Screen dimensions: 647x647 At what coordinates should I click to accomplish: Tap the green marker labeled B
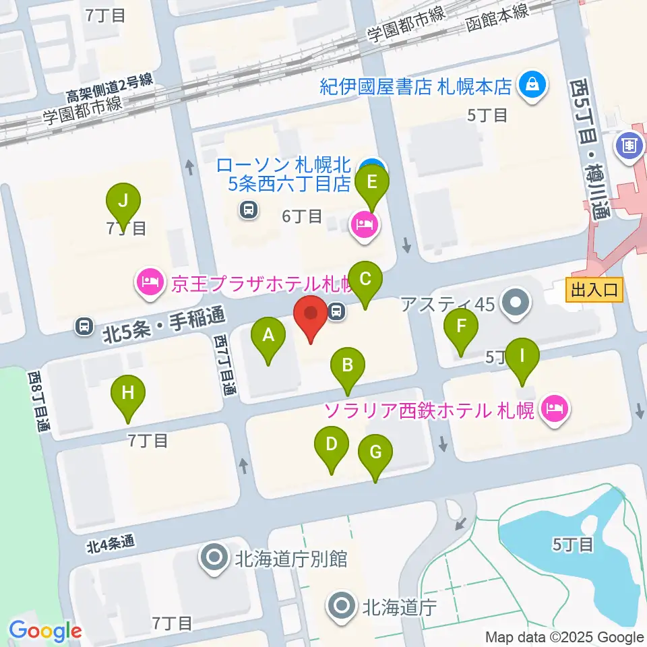[x=348, y=366]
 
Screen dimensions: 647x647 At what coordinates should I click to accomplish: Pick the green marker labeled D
[x=332, y=445]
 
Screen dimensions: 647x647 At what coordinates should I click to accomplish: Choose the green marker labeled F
[x=461, y=328]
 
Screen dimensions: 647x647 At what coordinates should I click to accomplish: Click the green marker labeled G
[x=375, y=453]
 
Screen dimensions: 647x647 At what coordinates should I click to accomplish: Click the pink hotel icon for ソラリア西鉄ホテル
[x=555, y=408]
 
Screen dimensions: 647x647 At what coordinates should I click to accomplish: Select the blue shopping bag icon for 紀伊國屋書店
[x=533, y=86]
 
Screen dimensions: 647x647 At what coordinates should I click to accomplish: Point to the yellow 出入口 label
[x=594, y=291]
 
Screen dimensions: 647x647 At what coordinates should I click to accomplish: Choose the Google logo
[x=45, y=630]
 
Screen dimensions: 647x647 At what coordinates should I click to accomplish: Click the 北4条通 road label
[x=111, y=543]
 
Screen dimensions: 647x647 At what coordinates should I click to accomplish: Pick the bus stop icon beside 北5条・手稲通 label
[x=84, y=326]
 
